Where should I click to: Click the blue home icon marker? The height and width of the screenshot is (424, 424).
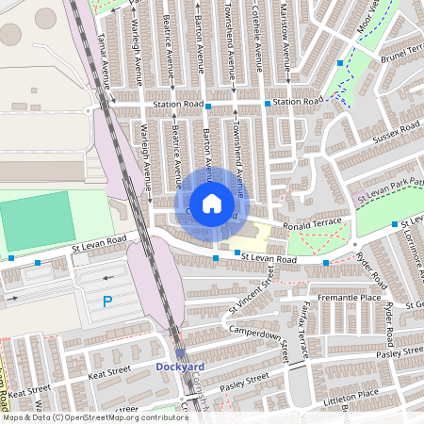click(x=212, y=203)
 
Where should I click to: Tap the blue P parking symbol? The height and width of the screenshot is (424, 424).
click(x=106, y=302)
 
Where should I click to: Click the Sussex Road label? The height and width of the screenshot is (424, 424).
click(x=397, y=134)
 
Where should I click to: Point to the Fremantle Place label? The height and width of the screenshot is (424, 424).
click(x=351, y=298)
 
